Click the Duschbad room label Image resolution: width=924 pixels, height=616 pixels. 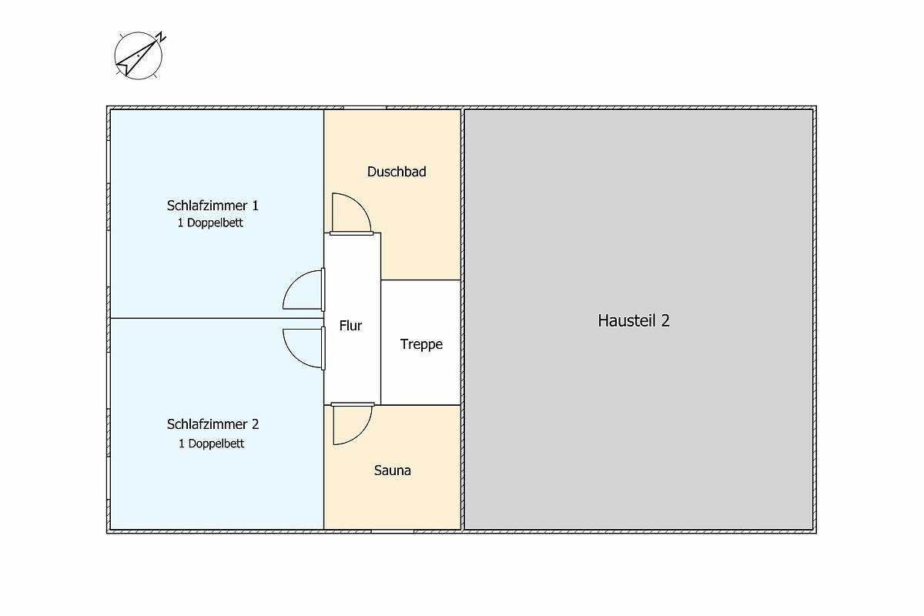(x=397, y=172)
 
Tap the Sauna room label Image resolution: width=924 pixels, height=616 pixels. (x=392, y=470)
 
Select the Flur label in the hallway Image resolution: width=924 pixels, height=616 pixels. (x=350, y=326)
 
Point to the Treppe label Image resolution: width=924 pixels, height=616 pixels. (x=421, y=344)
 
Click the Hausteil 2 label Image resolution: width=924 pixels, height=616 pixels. (x=634, y=320)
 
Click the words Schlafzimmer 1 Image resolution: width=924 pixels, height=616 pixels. (x=213, y=206)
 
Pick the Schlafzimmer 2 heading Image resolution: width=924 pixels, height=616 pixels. (x=213, y=424)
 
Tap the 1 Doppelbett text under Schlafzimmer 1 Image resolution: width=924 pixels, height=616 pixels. (x=210, y=223)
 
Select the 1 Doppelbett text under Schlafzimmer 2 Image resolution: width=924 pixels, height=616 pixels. (x=211, y=444)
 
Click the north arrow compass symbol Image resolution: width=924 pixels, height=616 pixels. (x=139, y=55)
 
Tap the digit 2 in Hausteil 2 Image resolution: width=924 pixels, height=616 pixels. (x=665, y=320)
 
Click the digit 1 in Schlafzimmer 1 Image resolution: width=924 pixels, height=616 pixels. (x=256, y=206)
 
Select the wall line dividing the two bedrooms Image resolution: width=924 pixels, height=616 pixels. (x=217, y=318)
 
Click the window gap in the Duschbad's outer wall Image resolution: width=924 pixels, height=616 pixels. (x=365, y=108)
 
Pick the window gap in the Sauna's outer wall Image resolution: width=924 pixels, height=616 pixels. (x=392, y=532)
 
